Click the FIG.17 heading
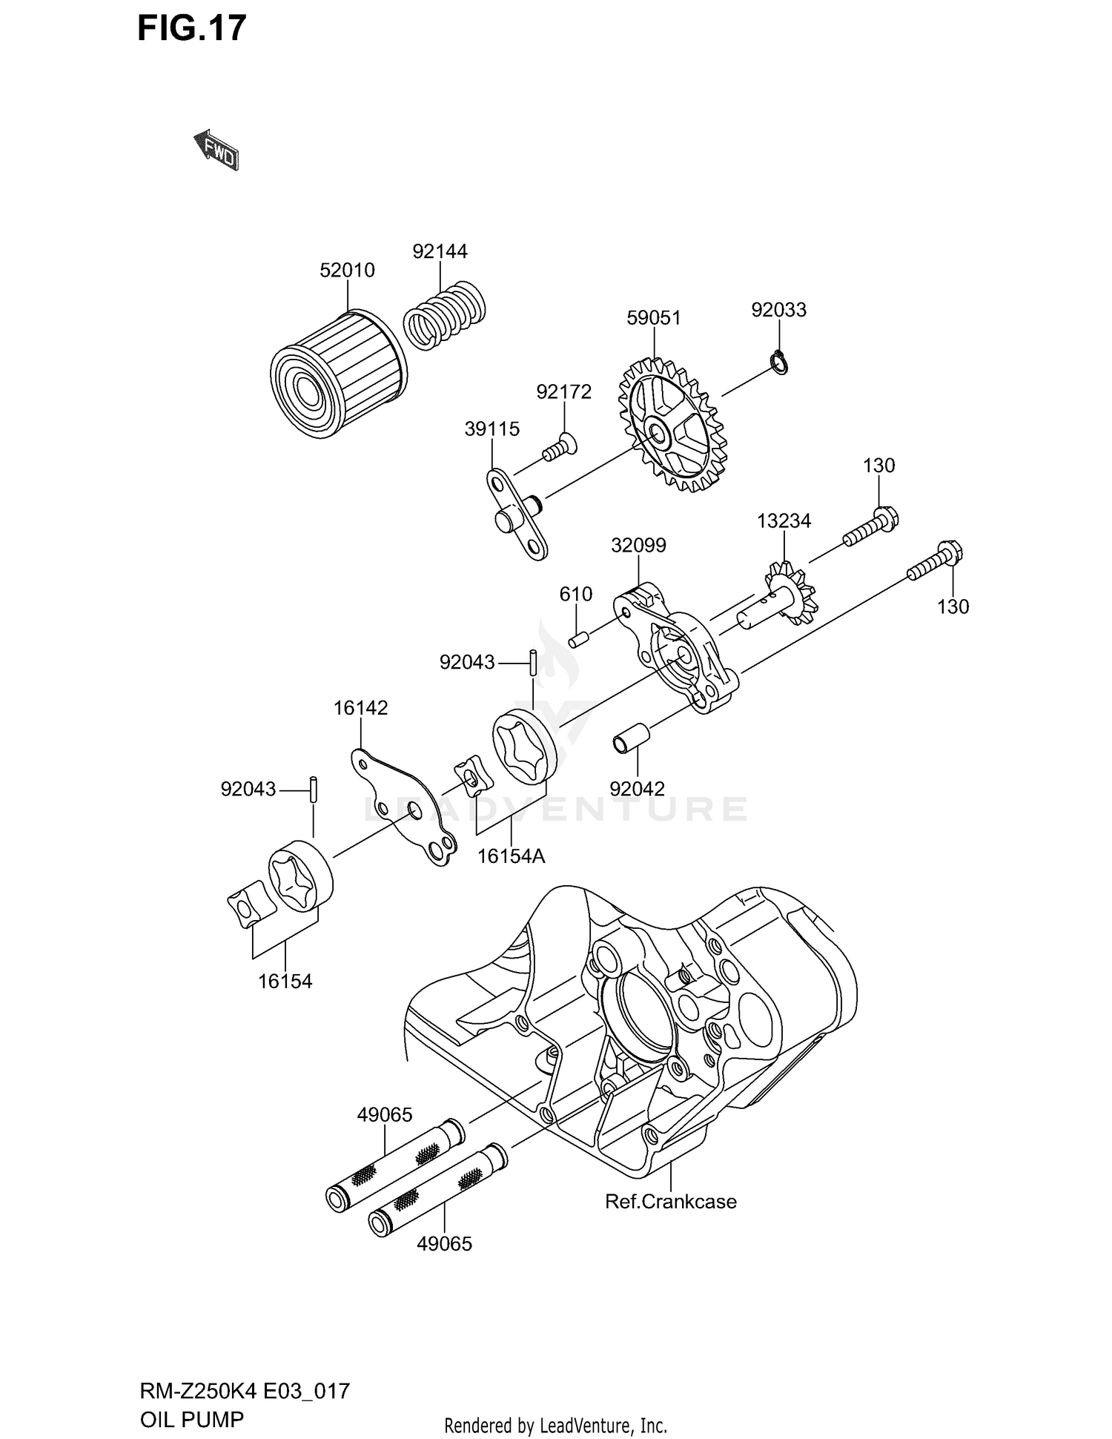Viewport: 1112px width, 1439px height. (192, 28)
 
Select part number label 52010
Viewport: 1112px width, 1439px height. (347, 271)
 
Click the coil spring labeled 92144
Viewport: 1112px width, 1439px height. (445, 314)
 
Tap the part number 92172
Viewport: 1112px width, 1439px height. (563, 391)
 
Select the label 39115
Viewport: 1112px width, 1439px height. (492, 429)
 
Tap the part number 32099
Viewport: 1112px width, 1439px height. (638, 546)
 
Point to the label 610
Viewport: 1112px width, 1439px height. (576, 594)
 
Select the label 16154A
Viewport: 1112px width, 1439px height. (511, 856)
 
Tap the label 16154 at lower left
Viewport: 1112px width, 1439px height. (285, 982)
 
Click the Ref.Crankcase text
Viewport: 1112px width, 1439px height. (671, 1202)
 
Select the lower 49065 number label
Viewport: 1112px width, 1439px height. (444, 1244)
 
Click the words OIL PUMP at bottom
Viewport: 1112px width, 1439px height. (191, 1420)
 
